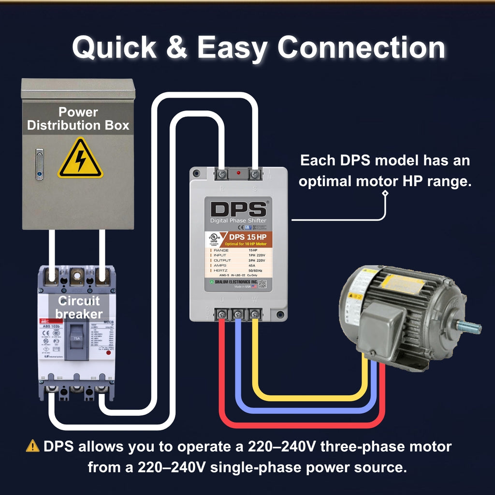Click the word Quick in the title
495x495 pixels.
tap(114, 48)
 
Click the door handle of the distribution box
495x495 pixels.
tap(39, 164)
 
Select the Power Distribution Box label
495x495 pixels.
tap(78, 119)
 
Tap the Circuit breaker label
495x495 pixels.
tap(78, 307)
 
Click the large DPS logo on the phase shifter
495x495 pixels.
tap(238, 209)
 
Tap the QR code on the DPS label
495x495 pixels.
tap(262, 284)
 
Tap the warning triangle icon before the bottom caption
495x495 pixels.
tap(32, 446)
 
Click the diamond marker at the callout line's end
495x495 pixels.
tap(385, 194)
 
